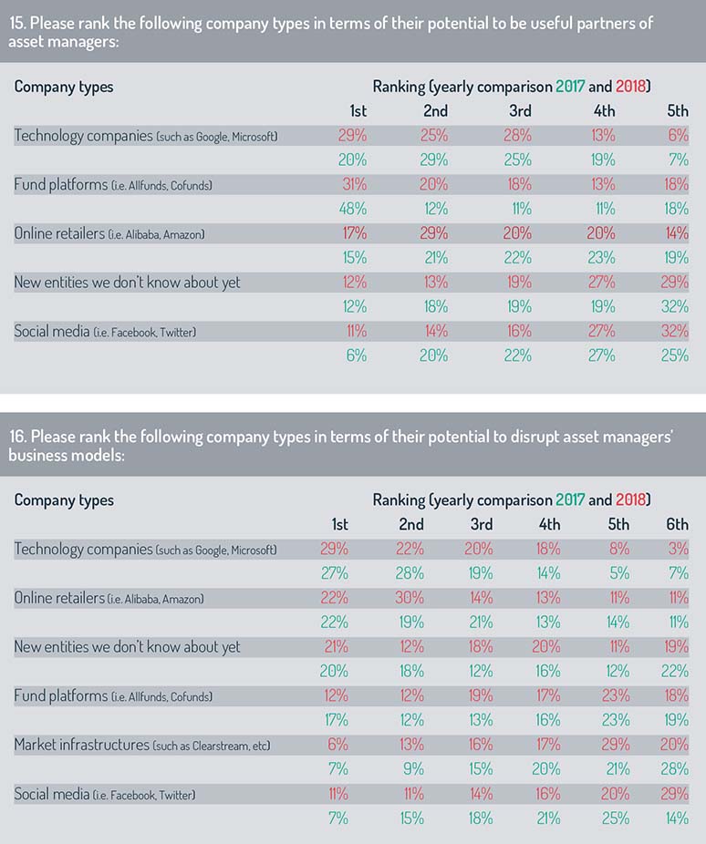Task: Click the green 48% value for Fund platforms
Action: pyautogui.click(x=353, y=209)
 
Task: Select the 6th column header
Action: pyautogui.click(x=677, y=524)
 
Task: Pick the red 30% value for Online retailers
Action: pyautogui.click(x=410, y=598)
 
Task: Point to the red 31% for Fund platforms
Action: pyautogui.click(x=354, y=185)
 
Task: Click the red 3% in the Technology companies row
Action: pyautogui.click(x=678, y=549)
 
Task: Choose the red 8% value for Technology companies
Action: pyautogui.click(x=619, y=549)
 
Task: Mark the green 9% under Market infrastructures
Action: pyautogui.click(x=413, y=769)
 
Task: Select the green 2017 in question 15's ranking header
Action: pyautogui.click(x=570, y=87)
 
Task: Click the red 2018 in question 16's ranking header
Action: pyautogui.click(x=630, y=500)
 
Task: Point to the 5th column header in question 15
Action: pyautogui.click(x=678, y=111)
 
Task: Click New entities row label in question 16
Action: pyautogui.click(x=127, y=647)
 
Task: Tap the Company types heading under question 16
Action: pyautogui.click(x=64, y=500)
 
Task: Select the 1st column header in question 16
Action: pyautogui.click(x=340, y=524)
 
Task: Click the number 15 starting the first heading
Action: pyautogui.click(x=16, y=24)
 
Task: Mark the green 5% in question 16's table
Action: pyautogui.click(x=619, y=573)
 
